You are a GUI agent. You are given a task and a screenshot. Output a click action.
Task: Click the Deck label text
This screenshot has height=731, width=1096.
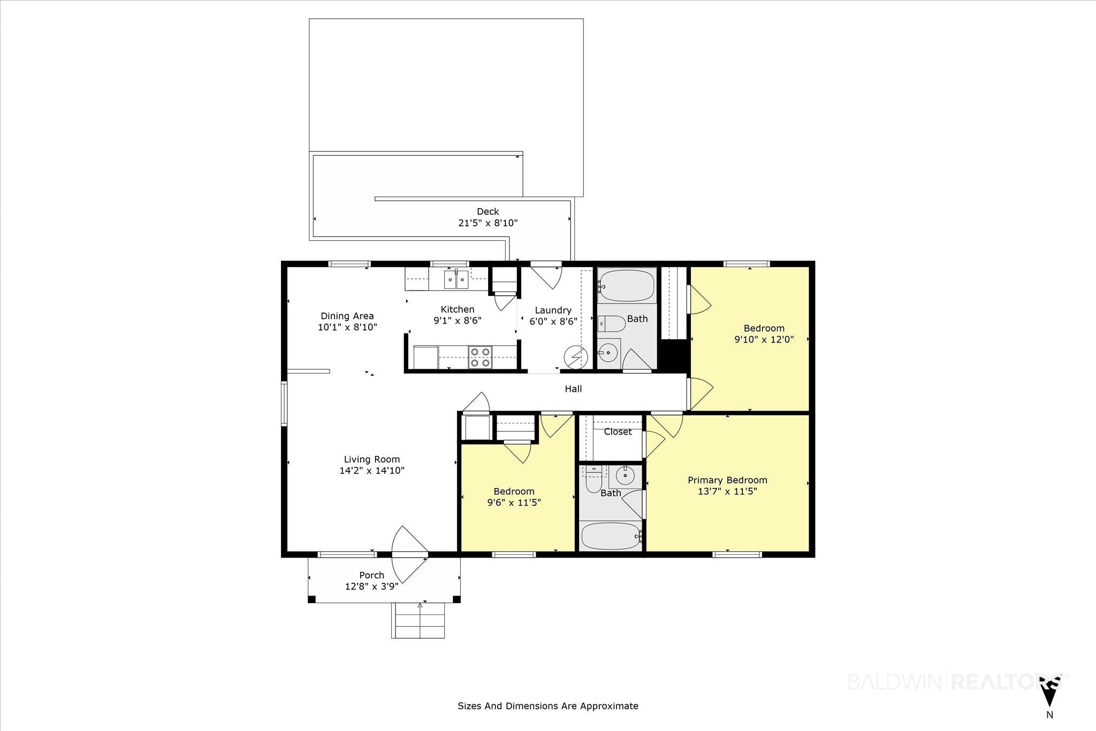488,211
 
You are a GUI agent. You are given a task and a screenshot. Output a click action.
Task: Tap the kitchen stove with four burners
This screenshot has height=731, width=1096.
480,357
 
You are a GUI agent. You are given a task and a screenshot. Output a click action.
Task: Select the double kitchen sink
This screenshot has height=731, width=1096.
456,279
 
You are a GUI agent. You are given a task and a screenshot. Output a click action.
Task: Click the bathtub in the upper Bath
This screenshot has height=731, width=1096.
627,286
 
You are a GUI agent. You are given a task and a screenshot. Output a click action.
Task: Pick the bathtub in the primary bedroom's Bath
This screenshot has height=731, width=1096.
611,536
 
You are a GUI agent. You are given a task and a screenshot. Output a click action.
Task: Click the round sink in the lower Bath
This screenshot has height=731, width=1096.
625,475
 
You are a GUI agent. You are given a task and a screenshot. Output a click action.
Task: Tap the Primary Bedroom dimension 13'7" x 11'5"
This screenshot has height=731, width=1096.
727,491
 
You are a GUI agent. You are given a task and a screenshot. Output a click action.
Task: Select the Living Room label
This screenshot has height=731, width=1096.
372,459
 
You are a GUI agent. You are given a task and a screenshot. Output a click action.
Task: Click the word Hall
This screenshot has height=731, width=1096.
573,389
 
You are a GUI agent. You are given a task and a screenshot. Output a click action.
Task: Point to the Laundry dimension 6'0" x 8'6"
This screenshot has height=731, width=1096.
553,322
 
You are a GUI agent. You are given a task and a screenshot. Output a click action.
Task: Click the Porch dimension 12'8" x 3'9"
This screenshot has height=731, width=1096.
372,587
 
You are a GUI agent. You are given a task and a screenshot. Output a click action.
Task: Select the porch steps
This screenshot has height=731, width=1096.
418,620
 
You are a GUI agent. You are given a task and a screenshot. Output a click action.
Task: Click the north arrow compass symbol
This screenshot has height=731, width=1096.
1049,691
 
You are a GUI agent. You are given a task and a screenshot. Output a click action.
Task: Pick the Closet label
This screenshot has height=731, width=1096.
618,432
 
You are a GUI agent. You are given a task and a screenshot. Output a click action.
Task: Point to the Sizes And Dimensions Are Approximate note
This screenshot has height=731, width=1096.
548,706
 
